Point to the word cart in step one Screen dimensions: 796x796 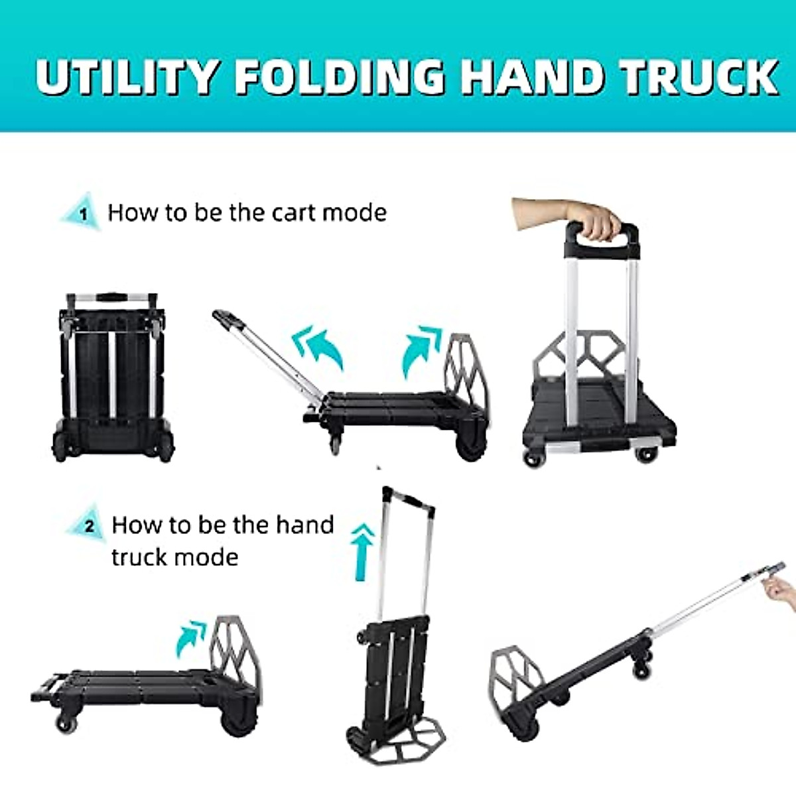pyautogui.click(x=286, y=213)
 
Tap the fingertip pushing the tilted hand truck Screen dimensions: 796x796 pyautogui.click(x=775, y=587)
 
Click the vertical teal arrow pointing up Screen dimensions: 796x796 pyautogui.click(x=362, y=549)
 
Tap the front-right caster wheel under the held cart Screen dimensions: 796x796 pyautogui.click(x=644, y=456)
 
